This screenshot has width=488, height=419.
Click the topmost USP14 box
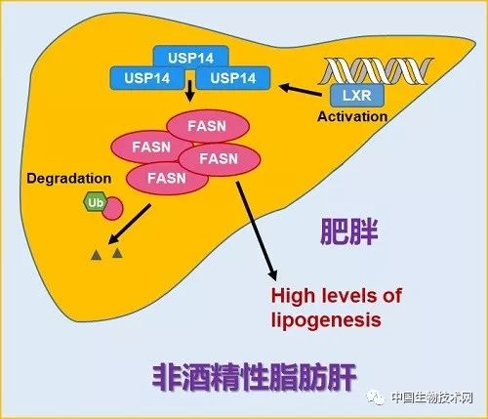click(191, 58)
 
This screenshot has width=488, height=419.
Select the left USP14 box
click(147, 78)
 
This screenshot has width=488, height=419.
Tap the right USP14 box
click(233, 78)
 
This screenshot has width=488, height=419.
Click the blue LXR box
click(357, 96)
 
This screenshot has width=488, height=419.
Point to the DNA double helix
click(376, 70)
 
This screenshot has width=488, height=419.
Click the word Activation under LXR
click(352, 116)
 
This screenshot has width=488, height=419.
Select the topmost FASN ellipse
click(208, 126)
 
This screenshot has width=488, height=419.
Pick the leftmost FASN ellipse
click(152, 147)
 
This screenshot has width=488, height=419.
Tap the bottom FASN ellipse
click(167, 178)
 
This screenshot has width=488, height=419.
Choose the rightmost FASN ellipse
click(220, 159)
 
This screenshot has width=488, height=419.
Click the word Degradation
click(69, 179)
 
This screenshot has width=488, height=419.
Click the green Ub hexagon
click(95, 203)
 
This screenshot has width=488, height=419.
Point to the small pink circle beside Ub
click(113, 209)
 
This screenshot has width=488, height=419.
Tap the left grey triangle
click(97, 255)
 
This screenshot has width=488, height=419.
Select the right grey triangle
click(117, 252)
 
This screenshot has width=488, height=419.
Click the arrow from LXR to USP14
click(300, 90)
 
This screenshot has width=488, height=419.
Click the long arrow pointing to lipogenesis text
click(257, 230)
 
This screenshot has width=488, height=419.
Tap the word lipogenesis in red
click(326, 320)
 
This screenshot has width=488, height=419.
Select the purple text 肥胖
click(348, 231)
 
